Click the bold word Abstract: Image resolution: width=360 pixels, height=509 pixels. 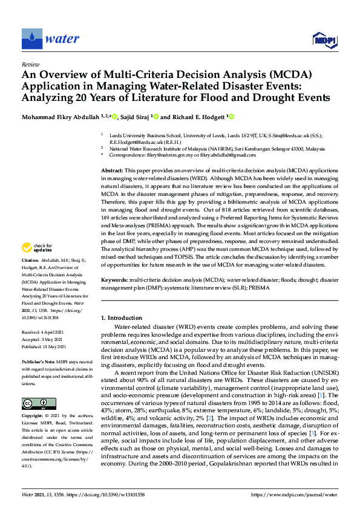[x=113, y=172]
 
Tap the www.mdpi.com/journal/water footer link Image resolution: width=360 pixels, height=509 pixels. [x=302, y=494]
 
